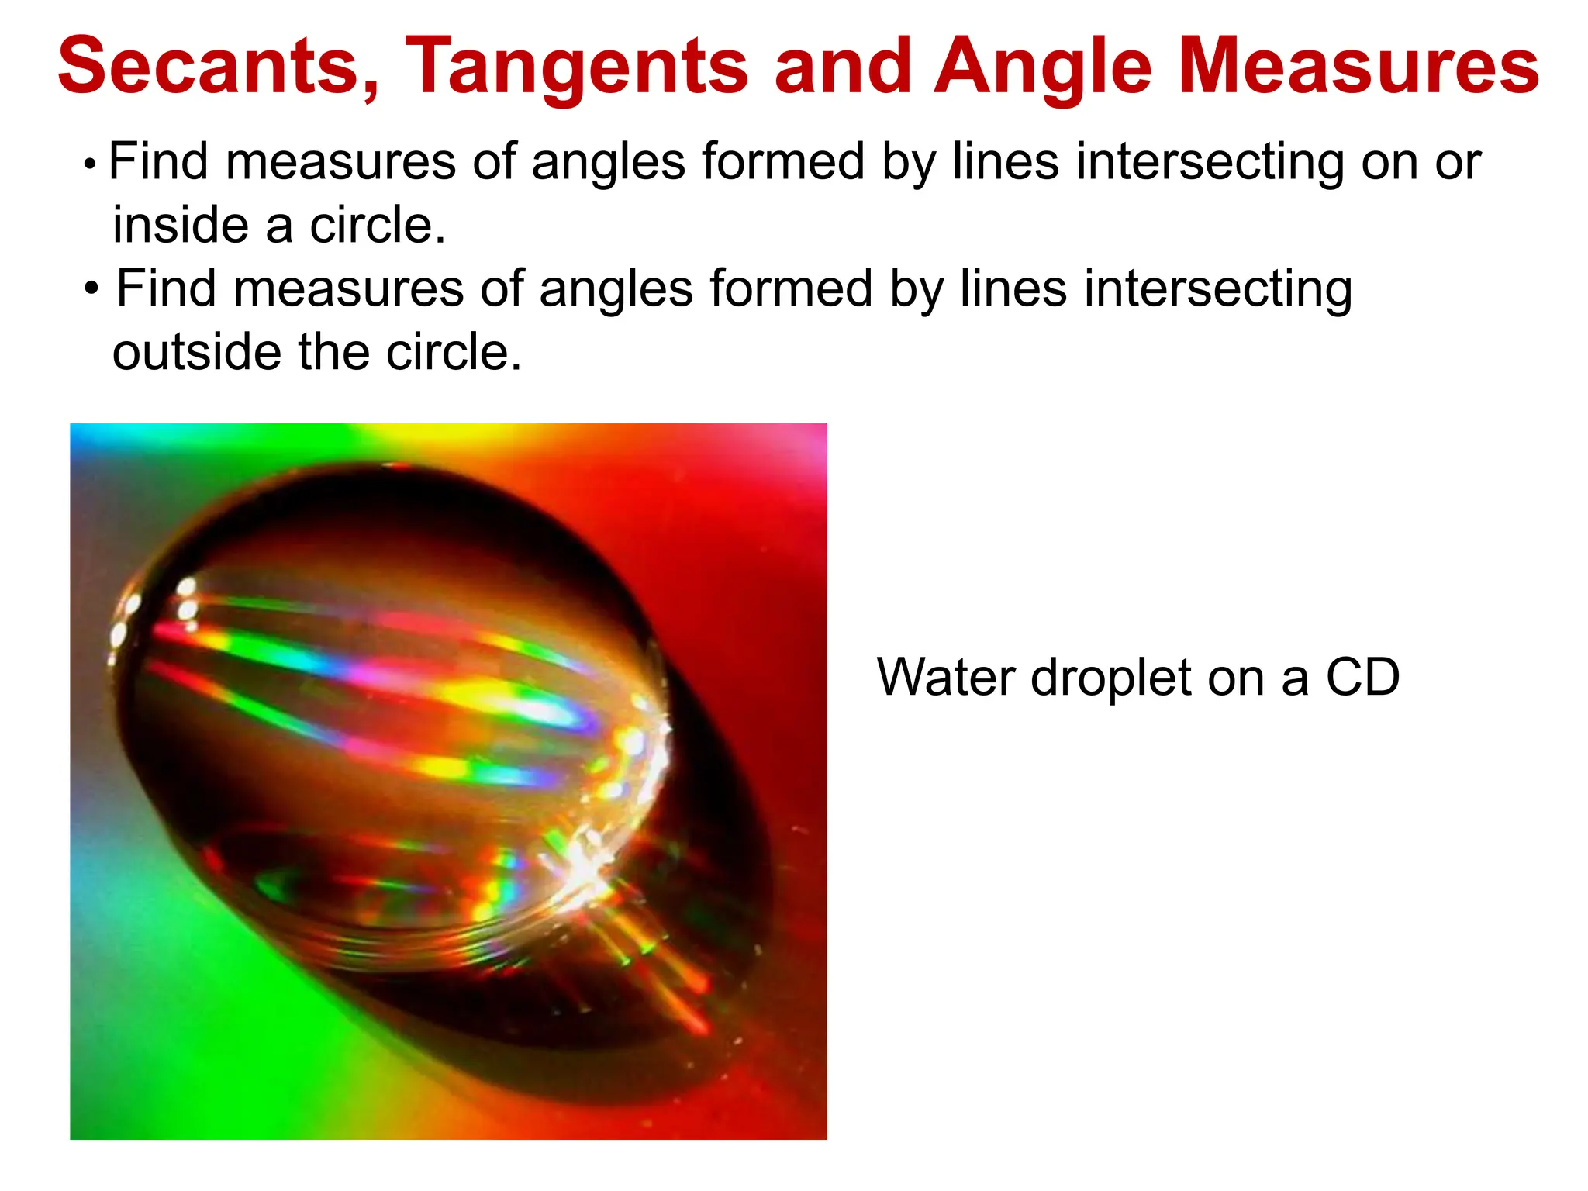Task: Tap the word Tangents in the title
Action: pos(576,67)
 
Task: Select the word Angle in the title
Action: pos(1043,67)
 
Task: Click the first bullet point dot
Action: pos(91,164)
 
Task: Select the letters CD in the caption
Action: pos(1362,677)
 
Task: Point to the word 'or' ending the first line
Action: pos(1458,163)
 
